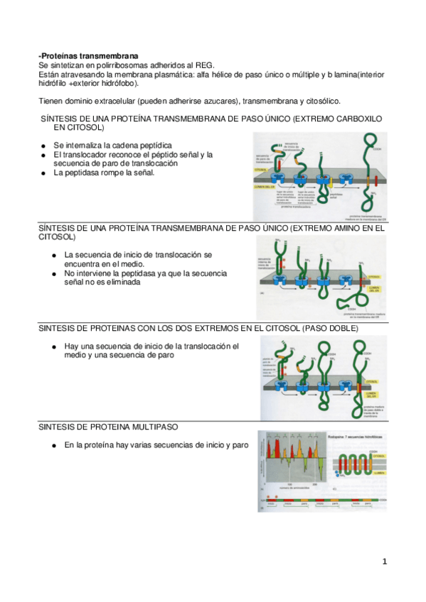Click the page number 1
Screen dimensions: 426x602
click(385, 561)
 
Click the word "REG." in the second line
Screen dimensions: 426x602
click(201, 65)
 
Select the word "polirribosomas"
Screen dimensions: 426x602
click(107, 65)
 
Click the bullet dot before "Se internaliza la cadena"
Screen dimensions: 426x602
click(44, 145)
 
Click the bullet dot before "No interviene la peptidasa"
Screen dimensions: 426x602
click(54, 273)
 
